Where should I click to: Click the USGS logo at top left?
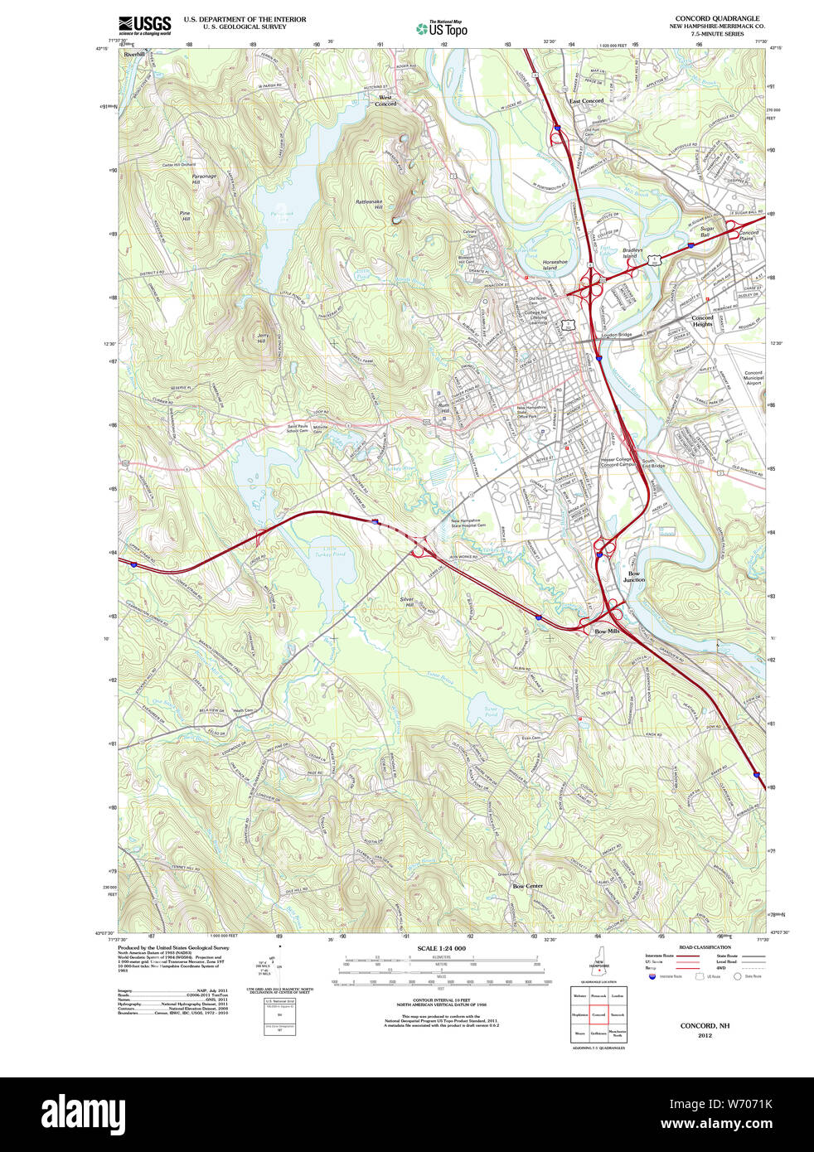tap(144, 25)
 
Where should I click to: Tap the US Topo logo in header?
tap(442, 28)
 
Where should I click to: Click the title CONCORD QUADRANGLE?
tap(717, 18)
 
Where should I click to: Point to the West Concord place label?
tap(385, 100)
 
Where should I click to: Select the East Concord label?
tap(586, 101)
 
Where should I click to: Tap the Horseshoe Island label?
tap(555, 265)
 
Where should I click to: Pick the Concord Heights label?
tap(702, 321)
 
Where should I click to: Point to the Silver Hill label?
tap(406, 603)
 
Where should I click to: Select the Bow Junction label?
tap(633, 577)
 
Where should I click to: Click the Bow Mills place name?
tap(607, 632)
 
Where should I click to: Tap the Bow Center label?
tap(527, 886)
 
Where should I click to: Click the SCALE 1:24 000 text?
tap(441, 948)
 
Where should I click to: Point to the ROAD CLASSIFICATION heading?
tap(705, 947)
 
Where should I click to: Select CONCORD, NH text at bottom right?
tap(705, 1026)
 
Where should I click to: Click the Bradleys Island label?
tap(632, 253)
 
